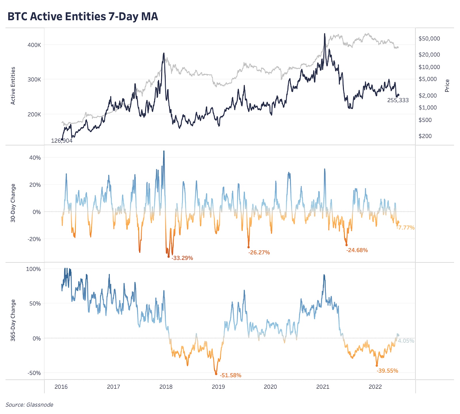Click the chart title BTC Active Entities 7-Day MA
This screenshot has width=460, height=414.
83,16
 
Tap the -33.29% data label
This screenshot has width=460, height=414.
182,258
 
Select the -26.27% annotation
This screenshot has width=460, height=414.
259,252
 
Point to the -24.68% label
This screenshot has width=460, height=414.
357,250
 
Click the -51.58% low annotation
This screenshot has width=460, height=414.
230,375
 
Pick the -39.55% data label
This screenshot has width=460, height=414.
387,371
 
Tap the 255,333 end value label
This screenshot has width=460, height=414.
398,100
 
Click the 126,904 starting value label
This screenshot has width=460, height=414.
62,141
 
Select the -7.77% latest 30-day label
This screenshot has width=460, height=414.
406,227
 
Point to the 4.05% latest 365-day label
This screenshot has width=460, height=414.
406,341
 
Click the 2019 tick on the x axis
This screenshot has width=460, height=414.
218,387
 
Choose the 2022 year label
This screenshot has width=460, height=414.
375,387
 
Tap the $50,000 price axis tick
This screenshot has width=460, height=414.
429,39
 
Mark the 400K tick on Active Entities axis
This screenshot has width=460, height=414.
34,45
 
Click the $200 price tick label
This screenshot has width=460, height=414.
425,136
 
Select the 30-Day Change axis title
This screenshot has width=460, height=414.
13,203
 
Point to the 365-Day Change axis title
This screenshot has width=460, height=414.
13,320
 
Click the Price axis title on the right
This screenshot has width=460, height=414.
447,86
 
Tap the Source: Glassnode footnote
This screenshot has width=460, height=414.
29,405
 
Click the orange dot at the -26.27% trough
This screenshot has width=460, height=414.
249,247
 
